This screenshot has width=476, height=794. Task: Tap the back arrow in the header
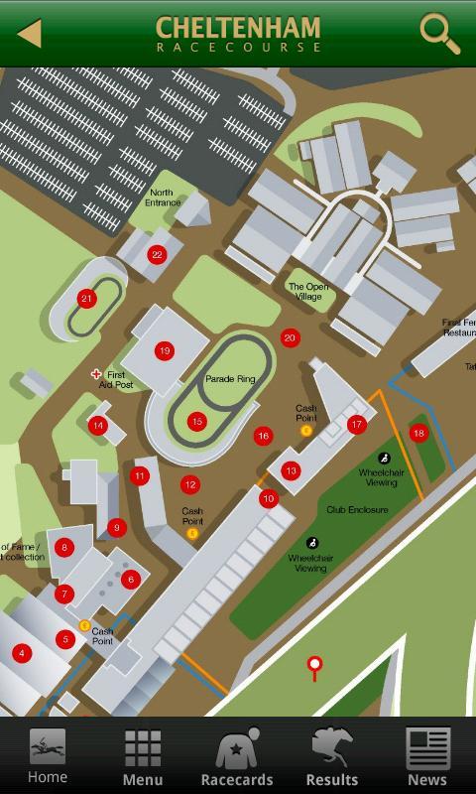(30, 34)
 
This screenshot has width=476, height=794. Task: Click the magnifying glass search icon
(439, 33)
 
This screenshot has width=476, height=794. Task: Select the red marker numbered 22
(157, 255)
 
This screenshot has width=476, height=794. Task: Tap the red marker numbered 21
(86, 299)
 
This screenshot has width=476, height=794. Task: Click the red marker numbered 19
(165, 350)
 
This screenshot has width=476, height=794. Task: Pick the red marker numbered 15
(196, 422)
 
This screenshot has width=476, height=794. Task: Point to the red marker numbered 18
(418, 433)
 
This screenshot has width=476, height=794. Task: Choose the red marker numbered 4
(22, 653)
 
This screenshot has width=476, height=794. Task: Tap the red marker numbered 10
(268, 499)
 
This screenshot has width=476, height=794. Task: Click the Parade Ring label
(230, 379)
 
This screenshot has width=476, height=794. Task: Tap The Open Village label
(308, 291)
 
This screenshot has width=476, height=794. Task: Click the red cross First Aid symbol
(97, 374)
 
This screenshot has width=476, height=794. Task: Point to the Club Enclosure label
(357, 510)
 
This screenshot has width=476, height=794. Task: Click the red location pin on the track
(315, 665)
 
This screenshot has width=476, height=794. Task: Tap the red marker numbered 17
(357, 425)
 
